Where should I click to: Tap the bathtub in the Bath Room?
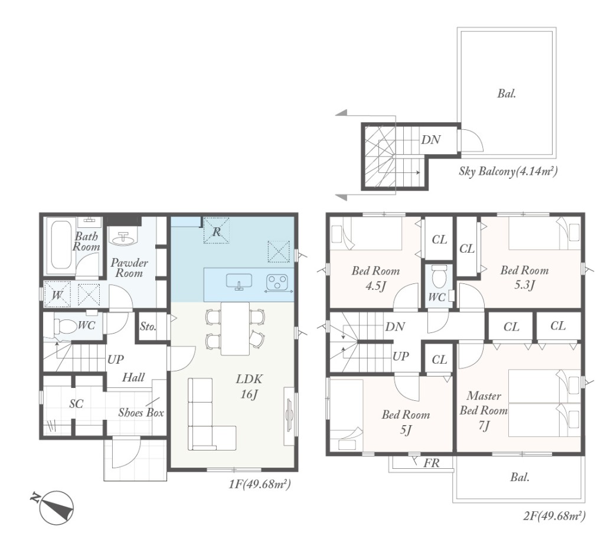[x=61, y=246]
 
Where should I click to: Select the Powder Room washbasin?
[x=125, y=237]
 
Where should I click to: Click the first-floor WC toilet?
[x=64, y=325]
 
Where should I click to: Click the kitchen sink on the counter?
[x=239, y=282]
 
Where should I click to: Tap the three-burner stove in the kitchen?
[x=277, y=282]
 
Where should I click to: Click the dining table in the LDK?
[x=235, y=329]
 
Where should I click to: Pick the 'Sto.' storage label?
[x=148, y=327]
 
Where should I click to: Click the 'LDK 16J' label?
[x=249, y=387]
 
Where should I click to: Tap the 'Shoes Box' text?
[x=141, y=413]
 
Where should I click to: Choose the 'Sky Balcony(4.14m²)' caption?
[x=508, y=171]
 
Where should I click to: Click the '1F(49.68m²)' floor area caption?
[x=260, y=485]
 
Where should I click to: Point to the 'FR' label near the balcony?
[x=432, y=463]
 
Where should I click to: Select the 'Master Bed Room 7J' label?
[x=484, y=411]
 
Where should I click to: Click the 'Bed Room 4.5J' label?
[x=375, y=278]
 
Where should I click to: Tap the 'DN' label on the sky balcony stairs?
[x=431, y=140]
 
